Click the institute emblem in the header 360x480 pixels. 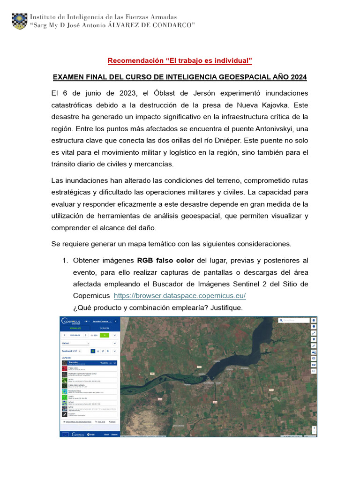coord(19,21)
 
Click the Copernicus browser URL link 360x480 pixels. coord(180,296)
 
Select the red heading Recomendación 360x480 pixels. coord(180,60)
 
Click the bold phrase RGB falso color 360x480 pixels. coord(165,260)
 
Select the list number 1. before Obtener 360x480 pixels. coord(66,260)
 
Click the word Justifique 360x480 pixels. coord(226,308)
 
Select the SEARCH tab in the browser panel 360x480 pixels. coord(105,328)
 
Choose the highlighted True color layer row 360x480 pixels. coord(90,363)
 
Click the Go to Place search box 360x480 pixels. coord(294,321)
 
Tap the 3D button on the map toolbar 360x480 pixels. coord(314,364)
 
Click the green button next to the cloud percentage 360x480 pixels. coord(105,335)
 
